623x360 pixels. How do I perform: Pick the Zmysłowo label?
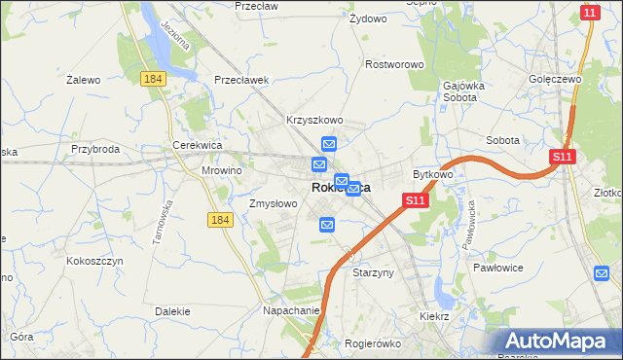(273, 204)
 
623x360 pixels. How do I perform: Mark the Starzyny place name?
(373, 273)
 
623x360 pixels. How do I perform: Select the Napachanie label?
(291, 310)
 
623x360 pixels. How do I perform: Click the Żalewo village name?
(84, 80)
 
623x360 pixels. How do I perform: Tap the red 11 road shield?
(590, 12)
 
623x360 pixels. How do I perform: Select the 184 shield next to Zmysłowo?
(220, 221)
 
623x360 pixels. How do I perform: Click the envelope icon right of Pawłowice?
(602, 273)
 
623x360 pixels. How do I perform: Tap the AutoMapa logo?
(558, 341)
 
